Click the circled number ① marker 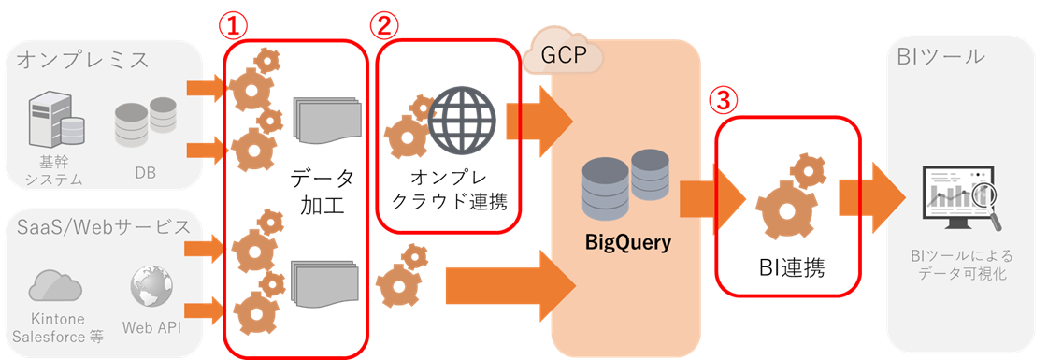234,27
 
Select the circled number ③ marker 725,102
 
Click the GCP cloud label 564,55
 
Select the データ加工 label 323,193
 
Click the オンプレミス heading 83,60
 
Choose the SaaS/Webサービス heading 103,226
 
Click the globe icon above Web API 151,286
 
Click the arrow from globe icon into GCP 540,121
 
